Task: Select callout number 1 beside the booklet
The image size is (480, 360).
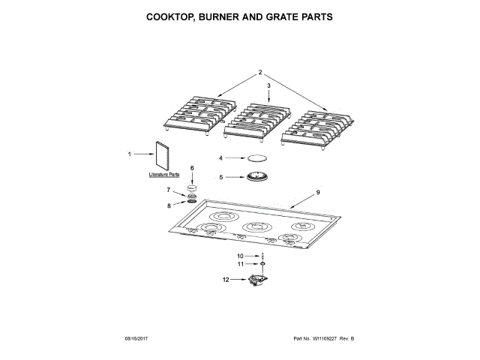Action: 129,154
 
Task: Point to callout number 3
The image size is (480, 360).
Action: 268,85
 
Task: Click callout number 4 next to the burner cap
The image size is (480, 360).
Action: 221,158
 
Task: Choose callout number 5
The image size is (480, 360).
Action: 221,177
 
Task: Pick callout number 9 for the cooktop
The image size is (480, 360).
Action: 317,193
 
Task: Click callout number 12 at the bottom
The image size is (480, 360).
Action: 224,280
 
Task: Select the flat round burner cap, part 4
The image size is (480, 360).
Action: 257,158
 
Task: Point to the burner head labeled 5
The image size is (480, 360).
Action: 257,177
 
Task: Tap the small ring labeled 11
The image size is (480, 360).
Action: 263,264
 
